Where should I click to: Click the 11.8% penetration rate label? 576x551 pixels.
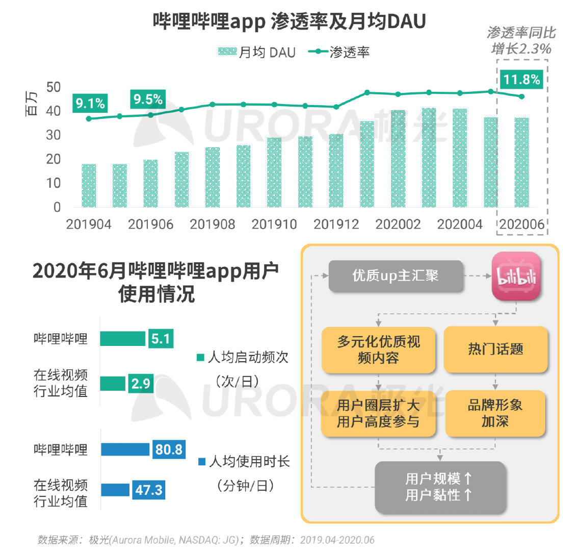[521, 80]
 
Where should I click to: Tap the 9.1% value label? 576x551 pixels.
[90, 104]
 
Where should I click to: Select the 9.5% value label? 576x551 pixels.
[148, 99]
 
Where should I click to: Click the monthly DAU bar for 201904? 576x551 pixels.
[89, 186]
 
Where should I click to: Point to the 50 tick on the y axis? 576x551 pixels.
[53, 87]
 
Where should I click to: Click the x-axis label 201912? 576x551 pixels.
[336, 224]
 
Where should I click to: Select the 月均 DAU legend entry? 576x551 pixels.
[257, 52]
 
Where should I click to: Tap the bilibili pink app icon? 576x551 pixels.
[515, 276]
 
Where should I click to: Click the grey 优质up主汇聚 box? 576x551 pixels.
[396, 276]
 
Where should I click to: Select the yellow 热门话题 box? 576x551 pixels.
[495, 349]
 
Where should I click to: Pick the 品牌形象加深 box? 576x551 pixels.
[495, 413]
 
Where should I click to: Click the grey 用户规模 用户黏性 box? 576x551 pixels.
[439, 487]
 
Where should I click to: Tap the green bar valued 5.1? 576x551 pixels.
[122, 338]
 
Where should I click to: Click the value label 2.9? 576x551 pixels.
[141, 383]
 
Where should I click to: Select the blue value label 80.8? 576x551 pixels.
[169, 449]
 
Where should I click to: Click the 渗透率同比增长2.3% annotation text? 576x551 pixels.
[521, 41]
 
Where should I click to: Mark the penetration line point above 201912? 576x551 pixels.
[336, 107]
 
